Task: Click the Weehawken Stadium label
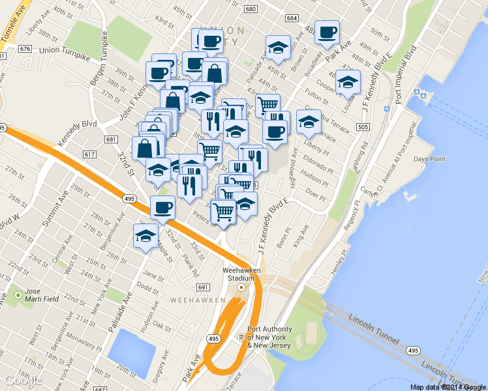(241, 273)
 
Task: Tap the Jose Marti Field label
(42, 295)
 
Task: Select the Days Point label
(429, 159)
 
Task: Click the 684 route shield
(292, 18)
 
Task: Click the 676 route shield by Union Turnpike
(25, 49)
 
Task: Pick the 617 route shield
(89, 154)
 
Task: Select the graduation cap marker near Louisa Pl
(348, 81)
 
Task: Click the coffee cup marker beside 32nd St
(162, 207)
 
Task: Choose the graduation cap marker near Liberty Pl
(309, 121)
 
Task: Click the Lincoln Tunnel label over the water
(372, 321)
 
